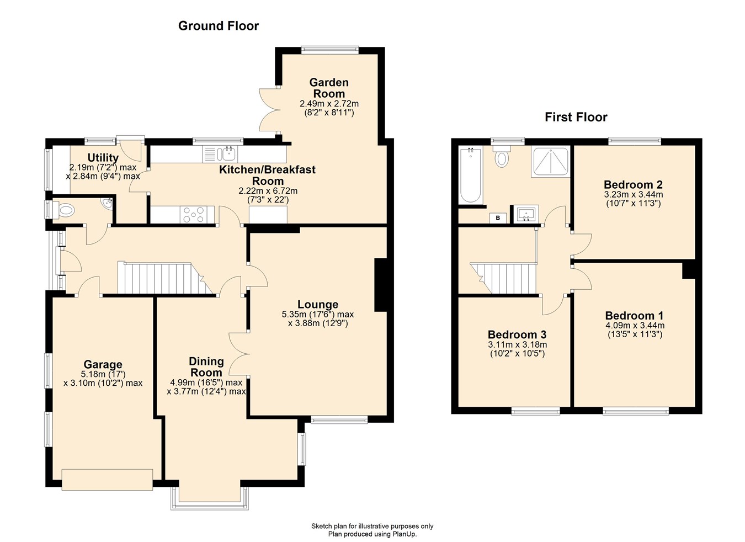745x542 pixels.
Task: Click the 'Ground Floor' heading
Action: click(x=218, y=26)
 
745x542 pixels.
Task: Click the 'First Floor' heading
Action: click(x=576, y=117)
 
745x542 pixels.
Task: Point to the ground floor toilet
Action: click(x=65, y=210)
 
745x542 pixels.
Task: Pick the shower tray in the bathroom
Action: click(x=550, y=162)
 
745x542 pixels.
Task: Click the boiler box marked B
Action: click(x=498, y=218)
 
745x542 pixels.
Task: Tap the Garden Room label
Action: click(x=329, y=88)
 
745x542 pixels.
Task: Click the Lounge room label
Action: click(x=317, y=305)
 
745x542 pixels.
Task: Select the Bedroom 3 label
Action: click(x=517, y=334)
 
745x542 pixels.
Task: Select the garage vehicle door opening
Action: click(x=107, y=479)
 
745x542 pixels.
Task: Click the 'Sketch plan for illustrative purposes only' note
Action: click(x=372, y=526)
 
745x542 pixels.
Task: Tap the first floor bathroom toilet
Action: click(x=502, y=157)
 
